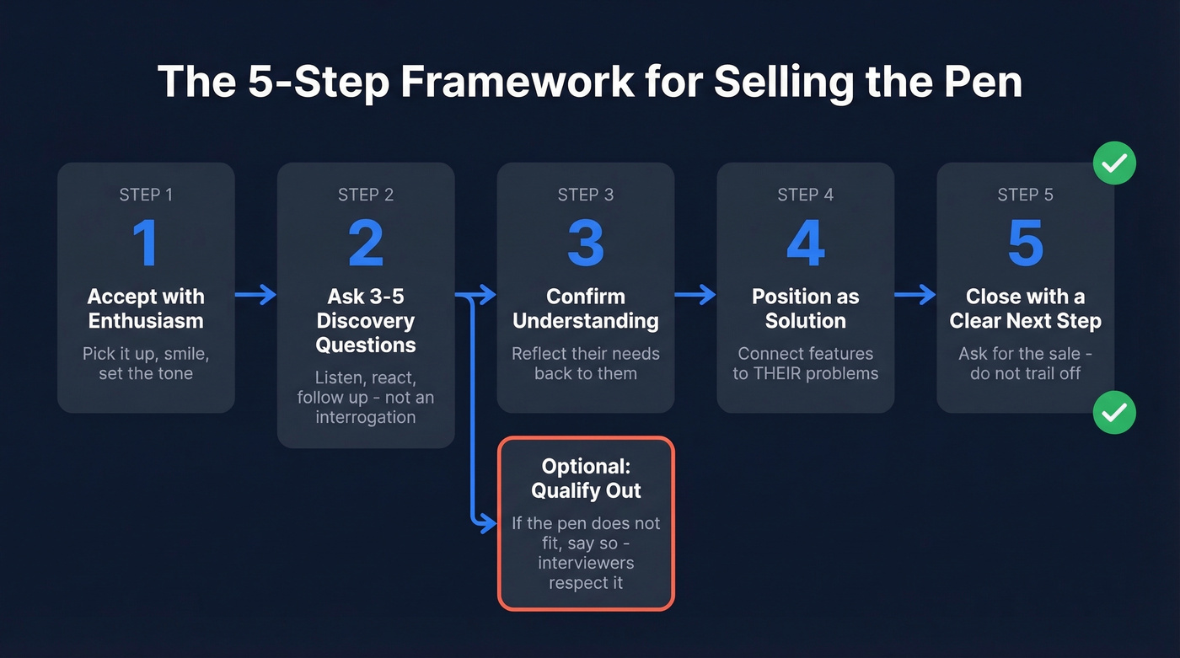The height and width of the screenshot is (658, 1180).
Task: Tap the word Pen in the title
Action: click(x=978, y=83)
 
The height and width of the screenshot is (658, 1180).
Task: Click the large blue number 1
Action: click(x=145, y=243)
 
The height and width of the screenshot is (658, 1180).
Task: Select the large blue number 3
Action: click(x=585, y=243)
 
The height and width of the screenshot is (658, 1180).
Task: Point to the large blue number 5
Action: click(x=1025, y=243)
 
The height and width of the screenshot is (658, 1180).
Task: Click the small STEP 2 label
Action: click(x=366, y=195)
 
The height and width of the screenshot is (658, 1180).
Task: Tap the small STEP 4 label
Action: click(x=805, y=195)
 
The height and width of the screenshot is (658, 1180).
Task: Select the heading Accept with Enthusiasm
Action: click(x=146, y=308)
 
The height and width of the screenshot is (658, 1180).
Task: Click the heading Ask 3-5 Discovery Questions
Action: click(x=366, y=321)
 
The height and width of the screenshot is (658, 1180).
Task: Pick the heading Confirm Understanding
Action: click(x=585, y=308)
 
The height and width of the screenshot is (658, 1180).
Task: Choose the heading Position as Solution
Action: click(x=805, y=308)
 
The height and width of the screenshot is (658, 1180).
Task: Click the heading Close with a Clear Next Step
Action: click(x=1025, y=308)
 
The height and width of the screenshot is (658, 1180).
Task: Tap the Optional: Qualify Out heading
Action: click(x=586, y=479)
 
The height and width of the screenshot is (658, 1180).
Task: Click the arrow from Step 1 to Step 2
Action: click(x=255, y=294)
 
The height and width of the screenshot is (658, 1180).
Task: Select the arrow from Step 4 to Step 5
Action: click(x=914, y=294)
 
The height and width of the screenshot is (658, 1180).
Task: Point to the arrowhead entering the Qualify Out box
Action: click(x=489, y=524)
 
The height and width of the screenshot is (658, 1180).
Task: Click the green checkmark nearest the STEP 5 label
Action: click(x=1114, y=163)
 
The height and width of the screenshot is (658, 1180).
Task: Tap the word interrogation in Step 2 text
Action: click(x=366, y=417)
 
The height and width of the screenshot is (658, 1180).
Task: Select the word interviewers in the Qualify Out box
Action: click(x=586, y=562)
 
